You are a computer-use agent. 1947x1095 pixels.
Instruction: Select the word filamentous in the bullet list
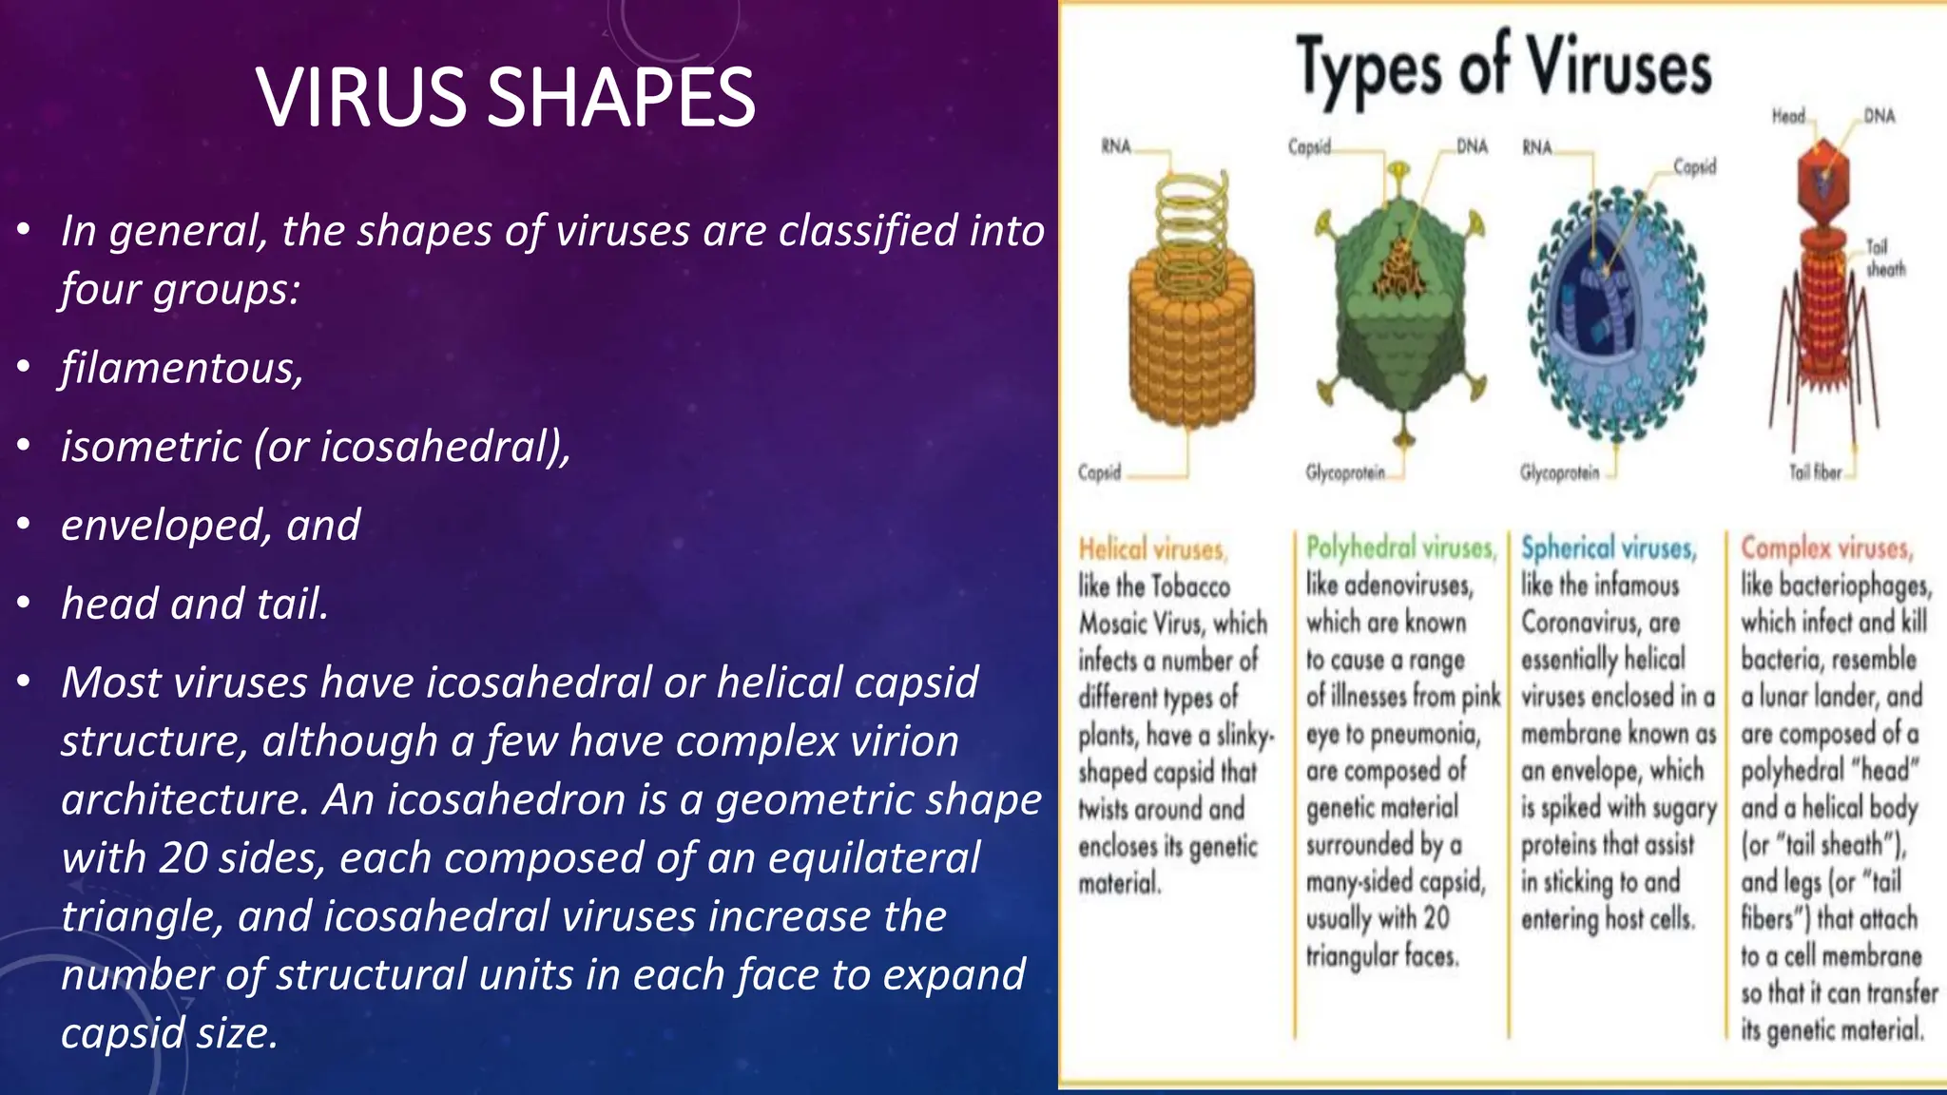coord(182,368)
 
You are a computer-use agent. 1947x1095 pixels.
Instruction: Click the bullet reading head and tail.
coord(195,604)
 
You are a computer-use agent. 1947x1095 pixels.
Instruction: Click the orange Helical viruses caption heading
coord(1152,549)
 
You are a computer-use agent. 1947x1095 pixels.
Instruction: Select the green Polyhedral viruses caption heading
coord(1400,547)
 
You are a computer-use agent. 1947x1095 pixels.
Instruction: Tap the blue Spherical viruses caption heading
coord(1608,547)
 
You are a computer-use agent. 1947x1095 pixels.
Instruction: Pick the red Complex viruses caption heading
coord(1826,547)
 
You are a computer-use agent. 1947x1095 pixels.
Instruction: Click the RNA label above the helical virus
coord(1116,146)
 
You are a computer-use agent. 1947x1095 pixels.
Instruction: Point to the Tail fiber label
coord(1815,472)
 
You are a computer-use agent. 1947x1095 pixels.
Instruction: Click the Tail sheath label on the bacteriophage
coord(1884,258)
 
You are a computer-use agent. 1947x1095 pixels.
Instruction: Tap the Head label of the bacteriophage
coord(1787,116)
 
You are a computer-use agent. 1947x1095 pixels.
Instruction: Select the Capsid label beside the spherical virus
coord(1694,167)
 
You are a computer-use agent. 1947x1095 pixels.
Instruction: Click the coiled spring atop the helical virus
coord(1192,223)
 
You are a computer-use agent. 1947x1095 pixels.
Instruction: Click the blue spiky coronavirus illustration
coord(1616,314)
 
